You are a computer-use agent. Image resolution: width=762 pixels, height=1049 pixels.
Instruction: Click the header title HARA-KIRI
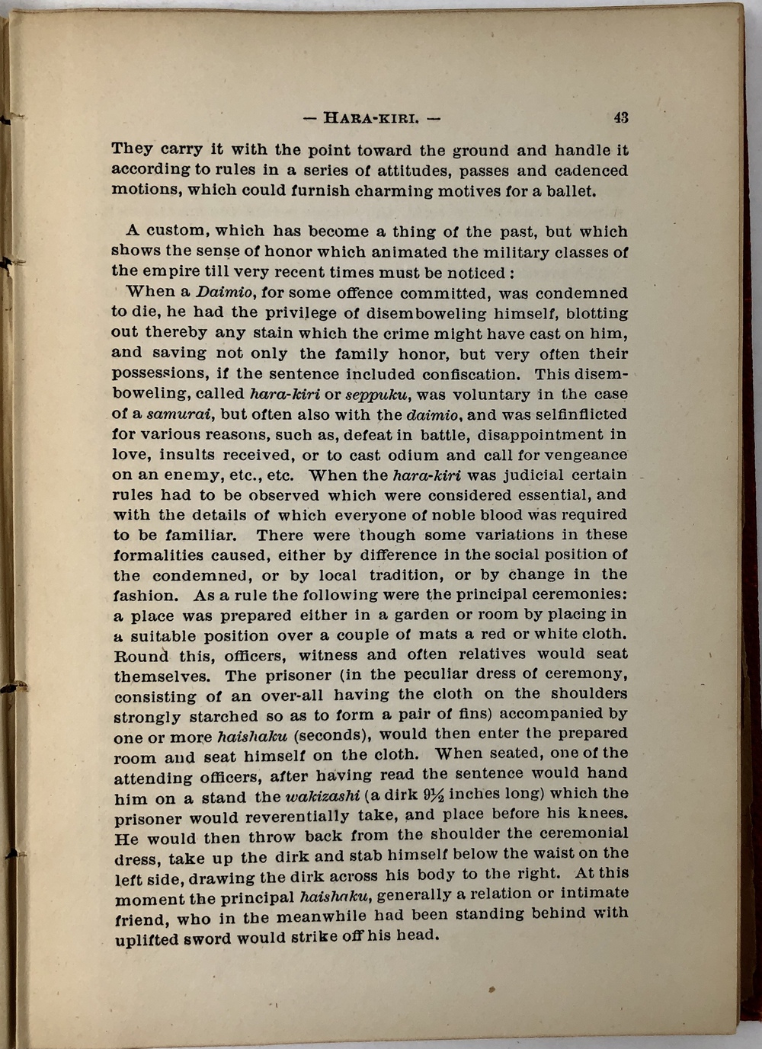coord(371,118)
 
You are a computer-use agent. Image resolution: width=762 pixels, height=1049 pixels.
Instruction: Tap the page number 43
coord(620,117)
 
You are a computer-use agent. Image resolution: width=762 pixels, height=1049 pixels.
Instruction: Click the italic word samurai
coord(179,414)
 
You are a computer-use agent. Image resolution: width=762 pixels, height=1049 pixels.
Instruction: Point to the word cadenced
coord(591,171)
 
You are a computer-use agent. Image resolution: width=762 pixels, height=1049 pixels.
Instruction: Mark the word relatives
coord(491,654)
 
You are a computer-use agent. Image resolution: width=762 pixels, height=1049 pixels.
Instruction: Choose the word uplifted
coord(146,940)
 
